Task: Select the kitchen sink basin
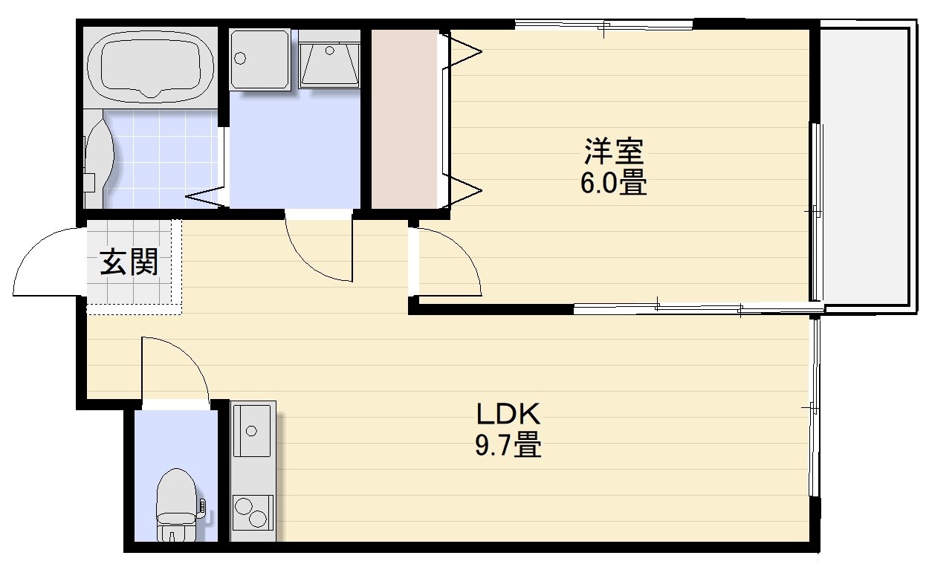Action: [x=252, y=430]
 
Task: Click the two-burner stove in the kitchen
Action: [x=253, y=513]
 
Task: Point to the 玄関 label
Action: [x=129, y=262]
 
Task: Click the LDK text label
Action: [x=508, y=413]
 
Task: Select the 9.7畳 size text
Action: [x=508, y=444]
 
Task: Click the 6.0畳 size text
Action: [x=614, y=183]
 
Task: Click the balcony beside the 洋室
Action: [x=867, y=166]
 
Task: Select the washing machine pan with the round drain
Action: [x=260, y=59]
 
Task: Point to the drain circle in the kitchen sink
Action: [x=251, y=431]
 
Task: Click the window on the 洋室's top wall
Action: [x=603, y=25]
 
